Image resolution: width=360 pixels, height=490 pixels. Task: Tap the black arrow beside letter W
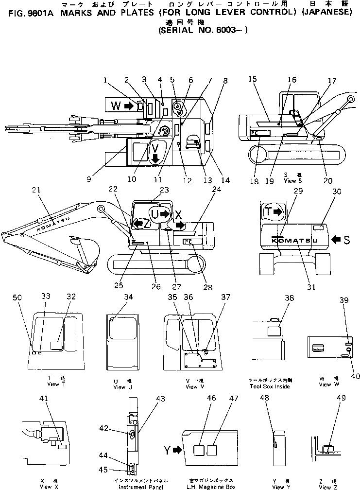[x=129, y=105]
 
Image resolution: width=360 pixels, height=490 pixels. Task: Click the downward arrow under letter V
[x=155, y=159]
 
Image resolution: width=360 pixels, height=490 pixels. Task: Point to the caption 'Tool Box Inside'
[x=270, y=386]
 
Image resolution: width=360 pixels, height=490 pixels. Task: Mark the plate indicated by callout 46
[x=199, y=451]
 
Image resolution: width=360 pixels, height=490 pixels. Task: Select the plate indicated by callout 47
[x=211, y=451]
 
